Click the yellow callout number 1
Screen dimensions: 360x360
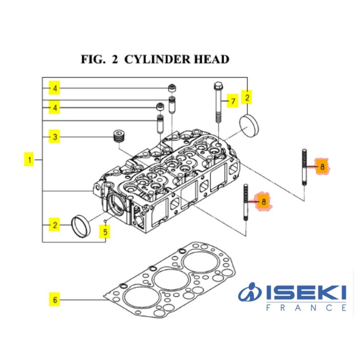[x=29, y=160]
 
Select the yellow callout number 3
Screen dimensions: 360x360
[x=54, y=136]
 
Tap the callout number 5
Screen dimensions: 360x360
[x=105, y=232]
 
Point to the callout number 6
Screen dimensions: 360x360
[x=54, y=299]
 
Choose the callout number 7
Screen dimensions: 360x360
[x=232, y=102]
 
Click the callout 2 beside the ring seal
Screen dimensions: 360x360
[x=54, y=225]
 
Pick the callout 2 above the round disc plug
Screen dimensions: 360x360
[x=247, y=96]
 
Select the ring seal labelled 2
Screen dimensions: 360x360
[x=81, y=226]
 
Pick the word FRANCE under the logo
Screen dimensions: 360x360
[x=306, y=308]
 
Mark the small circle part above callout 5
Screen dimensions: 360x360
[x=105, y=221]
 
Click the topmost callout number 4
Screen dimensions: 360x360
[x=54, y=89]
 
